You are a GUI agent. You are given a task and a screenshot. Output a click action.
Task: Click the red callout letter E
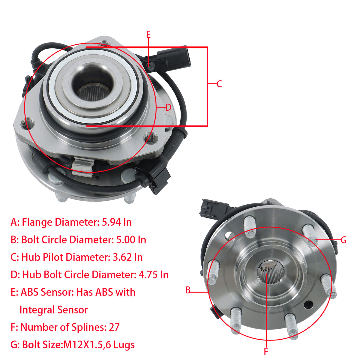[148, 34]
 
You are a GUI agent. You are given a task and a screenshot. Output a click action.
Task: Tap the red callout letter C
[219, 84]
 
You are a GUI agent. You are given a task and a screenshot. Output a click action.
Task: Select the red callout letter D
[168, 107]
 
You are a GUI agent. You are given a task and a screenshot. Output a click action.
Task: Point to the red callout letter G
[343, 240]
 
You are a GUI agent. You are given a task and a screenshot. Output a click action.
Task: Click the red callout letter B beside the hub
[188, 290]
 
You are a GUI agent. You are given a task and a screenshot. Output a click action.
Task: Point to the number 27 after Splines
[114, 327]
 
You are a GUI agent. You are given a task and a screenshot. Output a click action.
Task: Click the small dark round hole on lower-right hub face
[308, 305]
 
